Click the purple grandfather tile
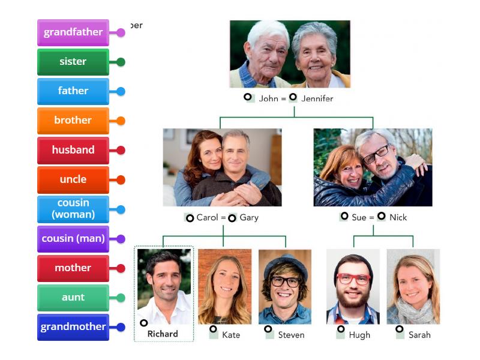(x=73, y=32)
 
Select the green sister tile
(x=73, y=62)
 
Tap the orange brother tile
(x=73, y=121)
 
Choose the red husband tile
(x=73, y=150)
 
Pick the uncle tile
(x=73, y=179)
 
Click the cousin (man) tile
(x=73, y=239)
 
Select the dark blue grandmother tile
(x=73, y=327)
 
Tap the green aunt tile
(x=73, y=298)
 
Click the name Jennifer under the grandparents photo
(x=317, y=98)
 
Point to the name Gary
(x=249, y=217)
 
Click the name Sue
(x=359, y=217)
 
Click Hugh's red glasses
(x=353, y=279)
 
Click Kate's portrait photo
(x=224, y=286)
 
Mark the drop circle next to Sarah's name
(x=399, y=329)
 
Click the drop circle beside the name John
(x=247, y=97)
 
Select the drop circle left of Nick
(x=381, y=216)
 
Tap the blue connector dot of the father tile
(x=121, y=91)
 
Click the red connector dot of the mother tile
(x=121, y=268)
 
